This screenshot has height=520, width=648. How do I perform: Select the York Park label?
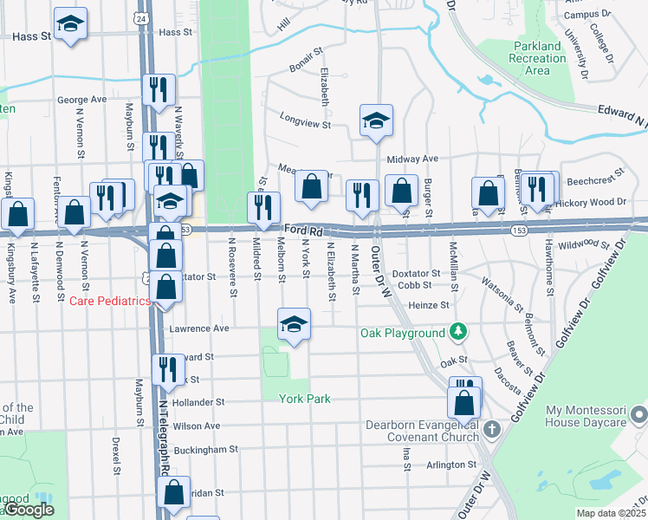click(x=305, y=399)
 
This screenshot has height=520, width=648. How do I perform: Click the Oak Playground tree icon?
click(x=457, y=333)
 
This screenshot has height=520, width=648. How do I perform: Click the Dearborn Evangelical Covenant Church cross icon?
click(x=491, y=428)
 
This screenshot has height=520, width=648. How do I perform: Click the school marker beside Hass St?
click(x=70, y=25)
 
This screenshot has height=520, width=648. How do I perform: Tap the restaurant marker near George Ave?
click(x=158, y=92)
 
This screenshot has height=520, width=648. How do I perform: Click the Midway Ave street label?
click(x=413, y=159)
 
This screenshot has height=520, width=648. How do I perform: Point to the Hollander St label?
click(x=198, y=403)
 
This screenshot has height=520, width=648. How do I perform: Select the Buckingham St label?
click(x=205, y=450)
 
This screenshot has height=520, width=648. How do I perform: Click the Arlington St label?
click(x=446, y=465)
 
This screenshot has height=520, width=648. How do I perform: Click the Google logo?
click(x=29, y=510)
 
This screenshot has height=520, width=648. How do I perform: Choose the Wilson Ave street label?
click(x=197, y=426)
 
